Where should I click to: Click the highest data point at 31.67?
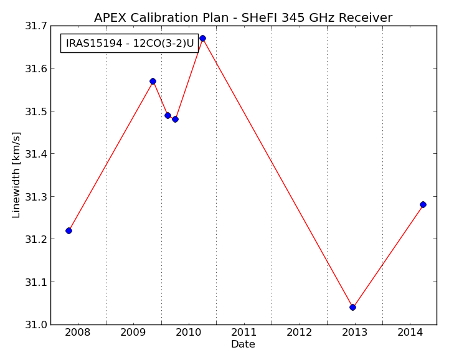click(203, 39)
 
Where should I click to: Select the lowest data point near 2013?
click(352, 307)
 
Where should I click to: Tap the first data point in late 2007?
click(69, 230)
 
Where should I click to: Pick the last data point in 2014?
click(423, 204)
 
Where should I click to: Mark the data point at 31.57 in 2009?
click(153, 82)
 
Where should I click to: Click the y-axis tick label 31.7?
click(35, 26)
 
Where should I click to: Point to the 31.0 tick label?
click(35, 324)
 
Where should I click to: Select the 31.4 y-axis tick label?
click(35, 154)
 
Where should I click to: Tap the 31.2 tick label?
click(35, 239)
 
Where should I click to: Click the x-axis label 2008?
click(77, 333)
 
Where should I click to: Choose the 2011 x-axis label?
click(243, 333)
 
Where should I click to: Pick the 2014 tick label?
click(410, 333)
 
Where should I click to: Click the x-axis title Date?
click(243, 344)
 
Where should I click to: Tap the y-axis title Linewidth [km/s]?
click(16, 175)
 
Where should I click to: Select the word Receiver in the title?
click(366, 18)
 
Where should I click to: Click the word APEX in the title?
click(110, 18)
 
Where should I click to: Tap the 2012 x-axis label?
click(300, 333)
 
